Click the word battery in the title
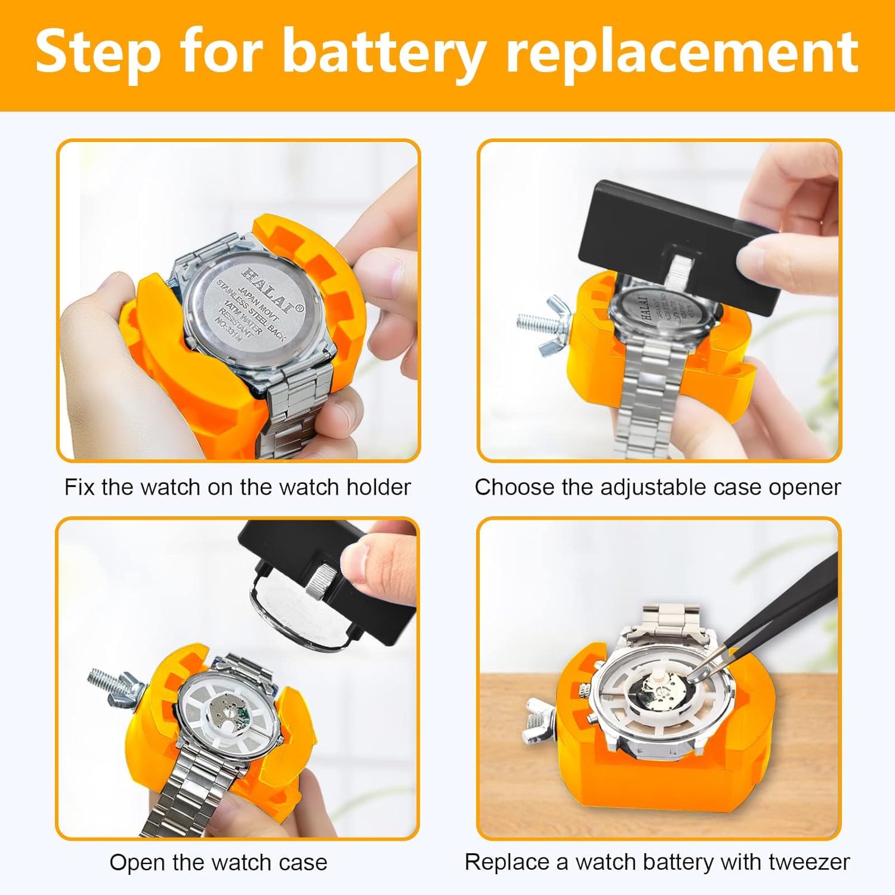382,53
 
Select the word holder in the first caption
379,487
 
